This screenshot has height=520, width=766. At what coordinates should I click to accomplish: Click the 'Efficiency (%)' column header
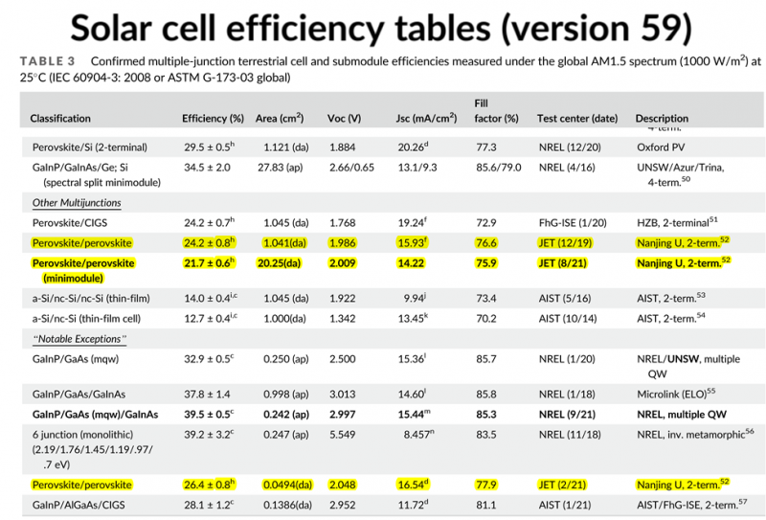213,119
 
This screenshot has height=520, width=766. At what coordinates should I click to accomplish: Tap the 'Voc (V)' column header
344,119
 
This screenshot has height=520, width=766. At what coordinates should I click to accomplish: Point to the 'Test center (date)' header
577,119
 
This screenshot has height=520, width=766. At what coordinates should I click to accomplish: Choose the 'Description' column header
662,119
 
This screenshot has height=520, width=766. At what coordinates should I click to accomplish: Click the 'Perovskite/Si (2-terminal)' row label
92,147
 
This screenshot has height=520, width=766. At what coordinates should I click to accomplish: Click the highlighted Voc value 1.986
342,243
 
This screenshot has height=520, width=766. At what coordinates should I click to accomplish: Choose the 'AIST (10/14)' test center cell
573,318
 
